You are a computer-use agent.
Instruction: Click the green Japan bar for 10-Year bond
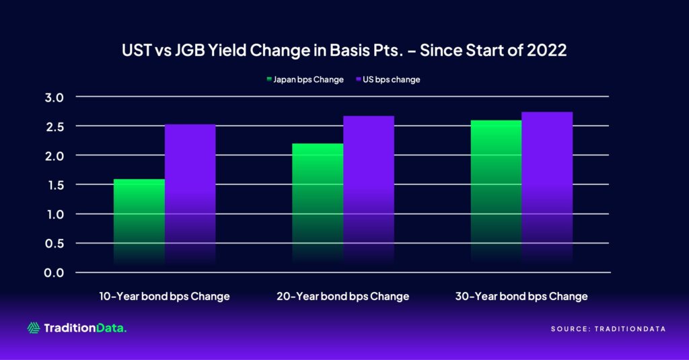click(x=139, y=222)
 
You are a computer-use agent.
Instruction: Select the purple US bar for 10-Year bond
click(x=190, y=195)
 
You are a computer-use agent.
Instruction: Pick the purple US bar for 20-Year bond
click(x=368, y=192)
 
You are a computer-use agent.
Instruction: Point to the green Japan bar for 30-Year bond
click(x=496, y=192)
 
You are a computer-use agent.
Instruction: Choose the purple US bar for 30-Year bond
click(x=546, y=188)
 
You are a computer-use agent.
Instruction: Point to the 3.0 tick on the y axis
click(x=56, y=97)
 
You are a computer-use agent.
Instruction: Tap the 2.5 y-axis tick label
click(x=56, y=127)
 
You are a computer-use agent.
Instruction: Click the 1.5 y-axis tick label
click(x=56, y=185)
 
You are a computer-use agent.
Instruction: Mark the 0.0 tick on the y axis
click(x=56, y=273)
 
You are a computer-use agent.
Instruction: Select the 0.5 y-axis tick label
click(x=56, y=244)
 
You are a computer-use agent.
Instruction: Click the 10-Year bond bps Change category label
click(x=164, y=296)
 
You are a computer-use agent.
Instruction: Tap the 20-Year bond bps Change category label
click(x=342, y=296)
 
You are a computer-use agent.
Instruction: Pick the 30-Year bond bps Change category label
click(x=521, y=296)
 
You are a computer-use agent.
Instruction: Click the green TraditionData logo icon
click(x=34, y=328)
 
